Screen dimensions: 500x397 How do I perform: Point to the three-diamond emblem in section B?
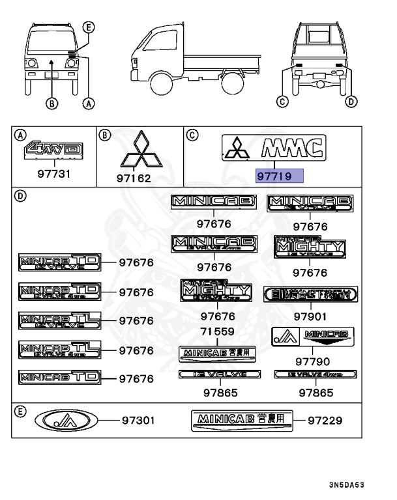coord(139,152)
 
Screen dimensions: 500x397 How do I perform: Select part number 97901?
coord(310,316)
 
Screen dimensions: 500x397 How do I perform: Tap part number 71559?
coord(217,331)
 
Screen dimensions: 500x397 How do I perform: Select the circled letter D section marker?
coord(20,196)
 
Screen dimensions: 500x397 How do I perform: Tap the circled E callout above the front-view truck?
coord(89,27)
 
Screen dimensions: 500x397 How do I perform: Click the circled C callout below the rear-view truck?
coord(282,101)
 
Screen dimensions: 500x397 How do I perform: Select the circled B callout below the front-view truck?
coord(51,102)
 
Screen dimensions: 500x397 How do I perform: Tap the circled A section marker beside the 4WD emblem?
coord(20,135)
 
